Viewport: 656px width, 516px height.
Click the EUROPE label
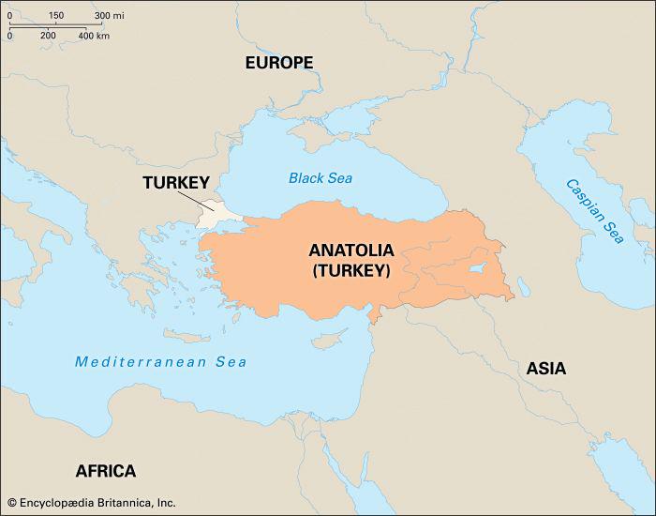[x=279, y=63]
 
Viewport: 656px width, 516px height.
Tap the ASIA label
[x=545, y=368]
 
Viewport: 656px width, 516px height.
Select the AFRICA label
[x=105, y=471]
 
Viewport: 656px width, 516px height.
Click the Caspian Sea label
[x=593, y=212]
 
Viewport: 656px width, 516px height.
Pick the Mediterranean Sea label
[x=161, y=361]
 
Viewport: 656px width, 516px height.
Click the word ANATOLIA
[x=351, y=250]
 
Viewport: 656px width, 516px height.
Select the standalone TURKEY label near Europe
[x=174, y=183]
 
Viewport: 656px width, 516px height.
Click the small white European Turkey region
[x=216, y=214]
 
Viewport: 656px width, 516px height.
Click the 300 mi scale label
[x=110, y=16]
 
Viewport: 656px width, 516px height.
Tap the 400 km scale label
[x=94, y=36]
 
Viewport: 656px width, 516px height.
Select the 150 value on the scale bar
[x=55, y=16]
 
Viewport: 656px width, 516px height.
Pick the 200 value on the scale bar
[x=48, y=36]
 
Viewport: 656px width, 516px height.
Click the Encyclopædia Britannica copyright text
[x=91, y=503]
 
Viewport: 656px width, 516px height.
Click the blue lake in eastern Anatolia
[x=477, y=270]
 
